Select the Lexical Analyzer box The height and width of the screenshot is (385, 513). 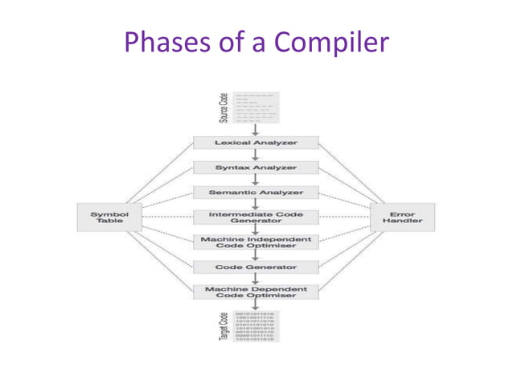pos(255,143)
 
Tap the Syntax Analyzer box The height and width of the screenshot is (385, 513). pos(255,168)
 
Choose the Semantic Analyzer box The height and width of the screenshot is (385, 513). pos(255,192)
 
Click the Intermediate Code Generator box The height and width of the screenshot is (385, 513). pos(255,217)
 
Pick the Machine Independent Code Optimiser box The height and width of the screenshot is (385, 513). pos(255,242)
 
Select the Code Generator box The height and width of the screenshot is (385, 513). pos(255,267)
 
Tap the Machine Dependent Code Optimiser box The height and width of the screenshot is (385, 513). pos(255,292)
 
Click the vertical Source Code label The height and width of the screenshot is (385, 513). pos(224,108)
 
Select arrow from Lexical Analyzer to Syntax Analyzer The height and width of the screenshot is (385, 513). pos(255,155)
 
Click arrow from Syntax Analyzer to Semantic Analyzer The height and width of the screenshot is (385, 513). pos(255,180)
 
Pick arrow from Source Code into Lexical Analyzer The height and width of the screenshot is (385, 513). pos(255,130)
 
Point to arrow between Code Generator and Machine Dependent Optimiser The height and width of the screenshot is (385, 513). pos(255,279)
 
